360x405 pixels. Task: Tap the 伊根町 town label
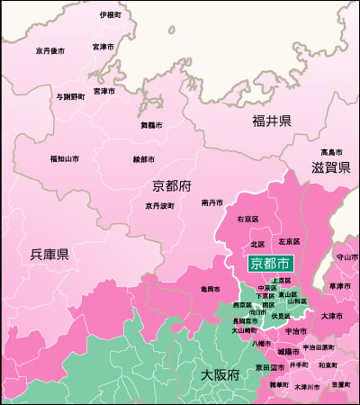tap(110, 15)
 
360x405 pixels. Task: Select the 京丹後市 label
tap(50, 51)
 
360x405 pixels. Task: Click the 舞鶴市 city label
tap(152, 125)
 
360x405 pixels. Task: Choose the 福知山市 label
tap(65, 159)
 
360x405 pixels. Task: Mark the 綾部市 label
tap(145, 159)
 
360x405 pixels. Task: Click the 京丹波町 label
tap(159, 205)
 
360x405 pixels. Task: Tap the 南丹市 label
tap(211, 202)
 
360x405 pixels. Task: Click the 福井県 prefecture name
tap(271, 121)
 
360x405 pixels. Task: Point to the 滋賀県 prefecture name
tap(330, 167)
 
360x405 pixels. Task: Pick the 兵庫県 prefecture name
tap(50, 255)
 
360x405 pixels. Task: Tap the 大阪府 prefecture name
tap(219, 373)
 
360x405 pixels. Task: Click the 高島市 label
tap(331, 151)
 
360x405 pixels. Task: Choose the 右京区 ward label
tap(247, 219)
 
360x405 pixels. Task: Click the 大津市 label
tap(333, 316)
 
